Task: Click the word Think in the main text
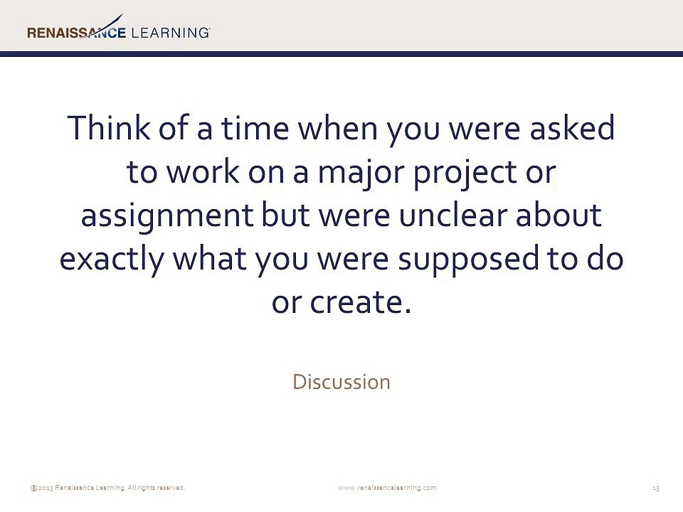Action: point(109,127)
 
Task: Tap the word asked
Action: point(572,127)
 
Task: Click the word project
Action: point(465,173)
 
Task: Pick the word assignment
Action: point(167,216)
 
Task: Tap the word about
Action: point(559,214)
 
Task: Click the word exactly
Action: point(112,260)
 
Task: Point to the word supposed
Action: point(469,260)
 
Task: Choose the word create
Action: point(361,302)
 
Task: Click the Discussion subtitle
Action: point(341,382)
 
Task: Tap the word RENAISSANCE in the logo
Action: point(76,33)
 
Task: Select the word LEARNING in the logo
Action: point(170,33)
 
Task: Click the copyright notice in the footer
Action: point(107,488)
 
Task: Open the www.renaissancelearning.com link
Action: point(387,488)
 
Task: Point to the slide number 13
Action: point(655,488)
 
